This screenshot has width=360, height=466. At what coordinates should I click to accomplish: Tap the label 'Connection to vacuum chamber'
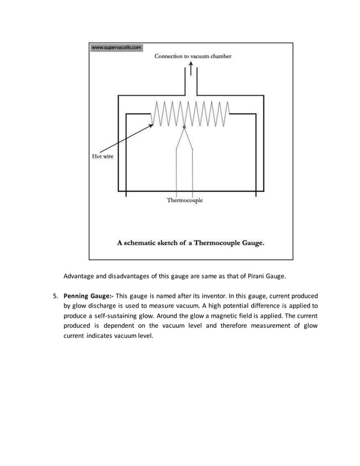tap(193, 56)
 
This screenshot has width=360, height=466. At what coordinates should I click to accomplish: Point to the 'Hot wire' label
tap(103, 156)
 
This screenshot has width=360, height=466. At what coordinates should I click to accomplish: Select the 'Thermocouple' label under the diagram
tap(185, 200)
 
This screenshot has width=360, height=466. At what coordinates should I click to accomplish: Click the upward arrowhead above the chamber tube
tap(191, 64)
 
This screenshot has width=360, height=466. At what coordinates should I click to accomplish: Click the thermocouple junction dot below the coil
tap(185, 128)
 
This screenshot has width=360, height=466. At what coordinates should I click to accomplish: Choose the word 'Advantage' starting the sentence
tap(80, 276)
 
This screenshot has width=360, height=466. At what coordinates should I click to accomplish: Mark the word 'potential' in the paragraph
tap(249, 306)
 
